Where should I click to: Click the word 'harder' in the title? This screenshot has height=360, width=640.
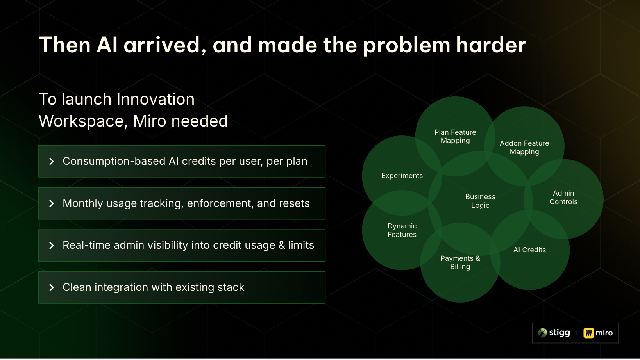[491, 45]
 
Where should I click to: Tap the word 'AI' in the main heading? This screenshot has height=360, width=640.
[107, 45]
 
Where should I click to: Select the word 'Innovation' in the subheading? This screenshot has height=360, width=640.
[156, 99]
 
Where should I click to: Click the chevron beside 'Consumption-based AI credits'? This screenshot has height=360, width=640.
[52, 161]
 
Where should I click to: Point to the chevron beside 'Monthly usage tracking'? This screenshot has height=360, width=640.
[52, 203]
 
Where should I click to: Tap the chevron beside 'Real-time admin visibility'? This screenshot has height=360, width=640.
[52, 246]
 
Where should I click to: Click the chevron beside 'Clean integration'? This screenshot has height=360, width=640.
[52, 287]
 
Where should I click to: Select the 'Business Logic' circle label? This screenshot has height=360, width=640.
[480, 201]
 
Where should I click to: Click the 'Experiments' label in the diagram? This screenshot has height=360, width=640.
[402, 176]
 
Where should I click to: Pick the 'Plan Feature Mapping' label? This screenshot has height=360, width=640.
[455, 136]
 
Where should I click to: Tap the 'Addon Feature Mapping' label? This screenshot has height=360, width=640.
[524, 147]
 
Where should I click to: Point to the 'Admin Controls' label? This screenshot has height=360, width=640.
[563, 198]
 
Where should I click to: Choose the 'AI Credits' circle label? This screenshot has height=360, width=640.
[529, 250]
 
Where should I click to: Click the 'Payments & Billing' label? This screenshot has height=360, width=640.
[460, 262]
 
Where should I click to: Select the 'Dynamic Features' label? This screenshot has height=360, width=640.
[402, 230]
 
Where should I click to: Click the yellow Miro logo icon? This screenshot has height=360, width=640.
[588, 333]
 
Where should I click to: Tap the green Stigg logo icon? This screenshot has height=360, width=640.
[543, 333]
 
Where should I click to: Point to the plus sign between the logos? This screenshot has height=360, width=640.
[577, 333]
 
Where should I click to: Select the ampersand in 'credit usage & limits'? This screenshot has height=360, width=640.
[282, 245]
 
